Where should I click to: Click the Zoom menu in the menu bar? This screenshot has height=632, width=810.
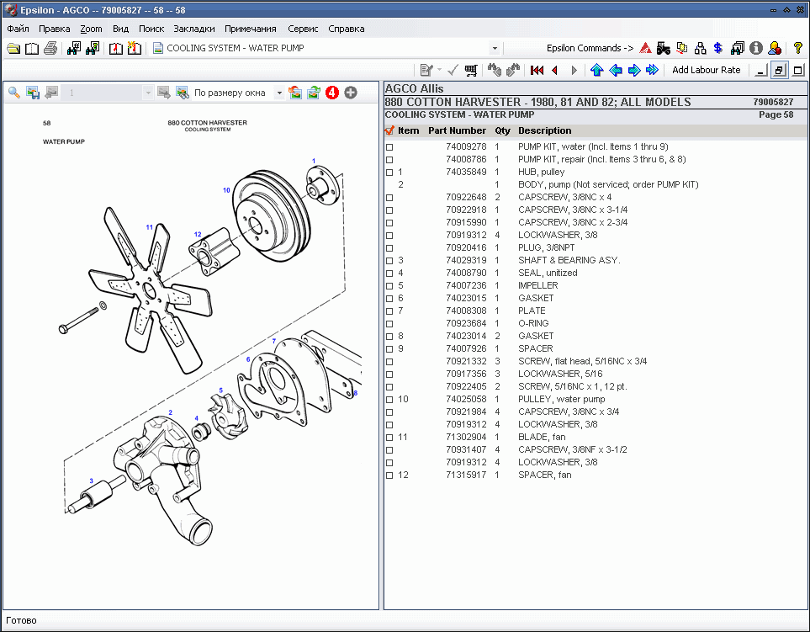(x=91, y=29)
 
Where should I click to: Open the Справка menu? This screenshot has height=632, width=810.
(x=346, y=29)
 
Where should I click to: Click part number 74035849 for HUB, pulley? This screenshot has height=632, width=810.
(x=465, y=172)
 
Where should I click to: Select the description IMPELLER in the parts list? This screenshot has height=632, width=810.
(x=537, y=285)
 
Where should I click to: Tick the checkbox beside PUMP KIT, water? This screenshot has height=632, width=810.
(x=389, y=146)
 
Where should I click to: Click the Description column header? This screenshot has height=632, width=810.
(x=544, y=130)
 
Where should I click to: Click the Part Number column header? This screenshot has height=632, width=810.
(x=457, y=130)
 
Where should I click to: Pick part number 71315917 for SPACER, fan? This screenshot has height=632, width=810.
(x=465, y=475)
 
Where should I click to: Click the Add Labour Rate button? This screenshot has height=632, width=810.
(x=706, y=70)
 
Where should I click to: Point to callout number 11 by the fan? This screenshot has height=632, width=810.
(x=149, y=227)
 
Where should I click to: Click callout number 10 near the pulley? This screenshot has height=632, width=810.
(x=226, y=190)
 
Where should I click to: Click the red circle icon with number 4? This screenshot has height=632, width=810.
(x=332, y=93)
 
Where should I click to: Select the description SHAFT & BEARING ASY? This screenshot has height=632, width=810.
(x=569, y=260)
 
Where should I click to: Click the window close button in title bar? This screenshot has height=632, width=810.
(x=799, y=9)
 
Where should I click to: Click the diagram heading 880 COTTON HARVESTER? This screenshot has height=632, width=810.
(x=207, y=123)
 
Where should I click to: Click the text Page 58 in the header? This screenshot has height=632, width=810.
(x=776, y=114)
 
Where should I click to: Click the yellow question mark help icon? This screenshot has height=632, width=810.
(x=798, y=48)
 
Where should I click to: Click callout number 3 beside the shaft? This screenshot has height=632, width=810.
(x=92, y=481)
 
